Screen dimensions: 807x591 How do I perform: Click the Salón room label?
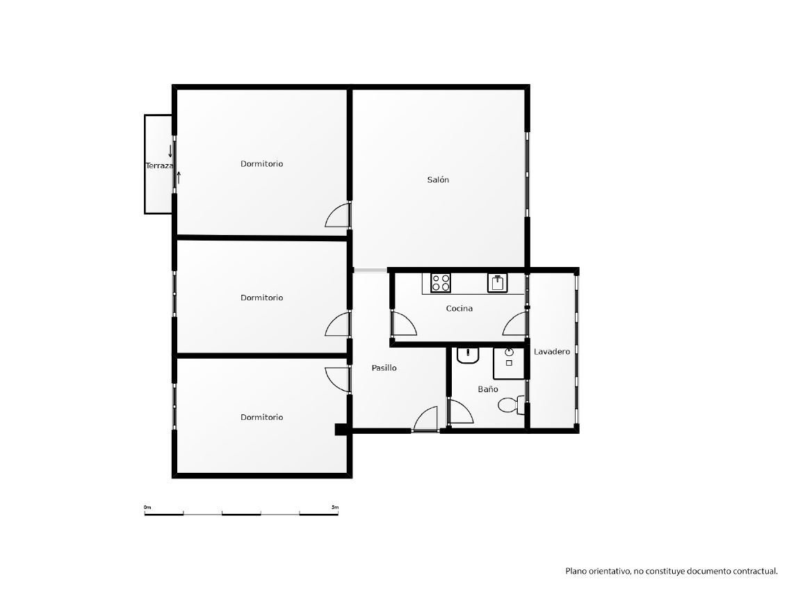coord(438,179)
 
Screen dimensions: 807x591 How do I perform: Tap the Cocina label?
coord(459,309)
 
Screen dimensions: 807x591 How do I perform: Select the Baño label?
coord(487,389)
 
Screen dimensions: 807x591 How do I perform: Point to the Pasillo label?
coord(384,368)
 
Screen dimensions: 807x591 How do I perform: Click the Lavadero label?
coord(552,352)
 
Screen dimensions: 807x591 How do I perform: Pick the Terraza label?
coord(160,165)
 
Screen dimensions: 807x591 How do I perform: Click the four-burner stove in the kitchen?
coord(441,283)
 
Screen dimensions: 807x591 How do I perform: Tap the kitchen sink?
coord(497,283)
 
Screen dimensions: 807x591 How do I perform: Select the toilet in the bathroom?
coord(511,405)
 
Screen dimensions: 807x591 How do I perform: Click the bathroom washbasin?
coord(468,355)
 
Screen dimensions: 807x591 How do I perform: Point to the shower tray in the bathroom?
coord(509,363)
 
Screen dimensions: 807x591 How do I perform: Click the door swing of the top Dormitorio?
coord(338,215)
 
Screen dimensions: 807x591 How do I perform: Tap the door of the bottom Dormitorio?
coord(338,380)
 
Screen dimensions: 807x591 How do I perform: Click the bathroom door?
coord(461,411)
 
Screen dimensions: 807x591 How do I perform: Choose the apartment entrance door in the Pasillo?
coord(425,419)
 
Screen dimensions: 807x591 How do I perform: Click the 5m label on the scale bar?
coord(335,508)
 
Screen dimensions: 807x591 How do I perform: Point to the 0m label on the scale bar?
coord(148,508)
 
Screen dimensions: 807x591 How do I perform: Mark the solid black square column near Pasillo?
coord(341,429)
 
